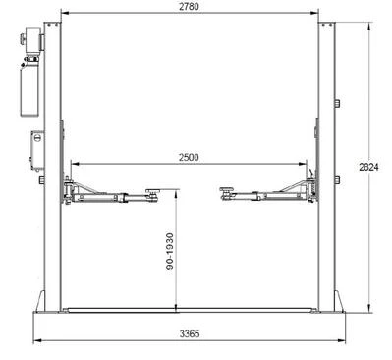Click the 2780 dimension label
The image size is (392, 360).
[189, 7]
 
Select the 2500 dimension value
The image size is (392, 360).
[189, 157]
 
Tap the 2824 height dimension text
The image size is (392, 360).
[368, 167]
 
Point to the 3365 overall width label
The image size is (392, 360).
[190, 334]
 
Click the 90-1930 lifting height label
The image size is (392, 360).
[170, 251]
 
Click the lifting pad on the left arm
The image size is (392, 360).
[152, 191]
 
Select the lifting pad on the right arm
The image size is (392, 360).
[225, 190]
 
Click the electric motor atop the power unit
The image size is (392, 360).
[32, 39]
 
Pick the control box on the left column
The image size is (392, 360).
[37, 150]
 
